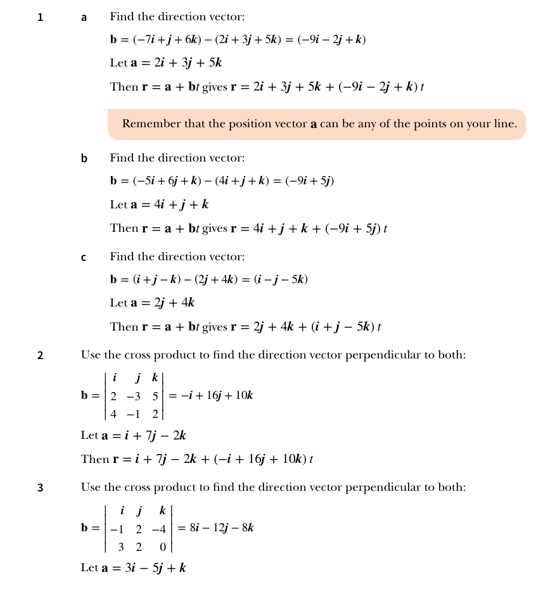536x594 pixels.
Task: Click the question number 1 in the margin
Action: pyautogui.click(x=41, y=18)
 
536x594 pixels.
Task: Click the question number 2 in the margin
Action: pyautogui.click(x=41, y=355)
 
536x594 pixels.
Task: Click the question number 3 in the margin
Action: pyautogui.click(x=41, y=488)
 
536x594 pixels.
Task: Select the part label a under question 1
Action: pyautogui.click(x=84, y=18)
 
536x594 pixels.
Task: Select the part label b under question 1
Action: pyautogui.click(x=84, y=158)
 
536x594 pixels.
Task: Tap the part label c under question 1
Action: pyautogui.click(x=84, y=257)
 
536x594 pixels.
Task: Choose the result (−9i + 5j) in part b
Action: pyautogui.click(x=310, y=181)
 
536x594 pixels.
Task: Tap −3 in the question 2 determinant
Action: pyautogui.click(x=133, y=396)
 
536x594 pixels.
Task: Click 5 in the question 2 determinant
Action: pyautogui.click(x=155, y=396)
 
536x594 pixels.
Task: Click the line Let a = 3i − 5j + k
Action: pyautogui.click(x=133, y=568)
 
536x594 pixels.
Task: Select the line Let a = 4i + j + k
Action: pyautogui.click(x=159, y=205)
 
